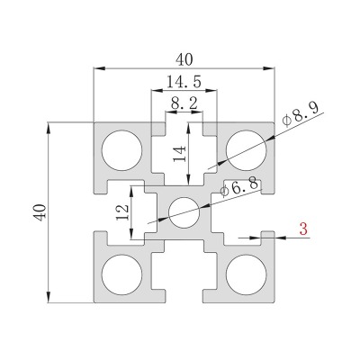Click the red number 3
click(x=303, y=229)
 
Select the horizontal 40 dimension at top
click(x=184, y=60)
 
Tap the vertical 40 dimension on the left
click(x=40, y=212)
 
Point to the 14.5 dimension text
click(x=184, y=82)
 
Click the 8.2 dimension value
click(x=184, y=103)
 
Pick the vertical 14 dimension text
click(x=180, y=154)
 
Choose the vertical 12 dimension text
click(x=123, y=212)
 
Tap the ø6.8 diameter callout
click(x=239, y=186)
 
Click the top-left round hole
click(x=121, y=150)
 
